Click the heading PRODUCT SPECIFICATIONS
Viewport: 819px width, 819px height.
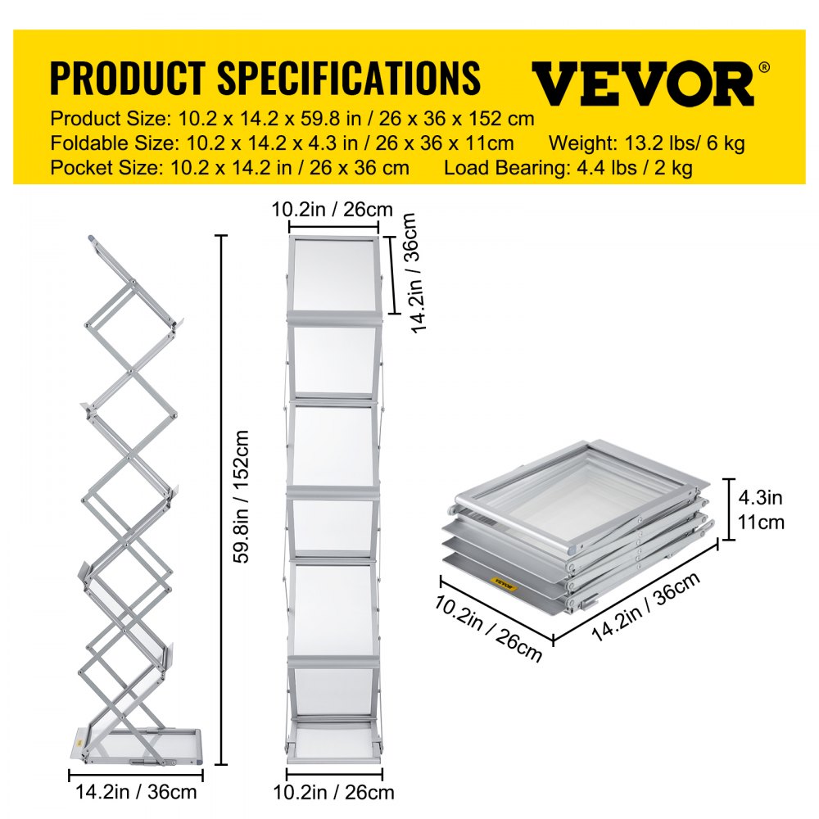pos(265,78)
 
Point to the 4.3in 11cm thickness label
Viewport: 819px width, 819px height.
pos(761,510)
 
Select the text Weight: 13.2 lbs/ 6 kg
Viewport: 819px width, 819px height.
pos(646,143)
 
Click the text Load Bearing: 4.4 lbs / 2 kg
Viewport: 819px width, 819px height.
pos(568,169)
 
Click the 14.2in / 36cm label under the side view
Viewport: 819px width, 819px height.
pos(136,793)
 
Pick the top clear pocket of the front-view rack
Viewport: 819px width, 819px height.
pos(334,274)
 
